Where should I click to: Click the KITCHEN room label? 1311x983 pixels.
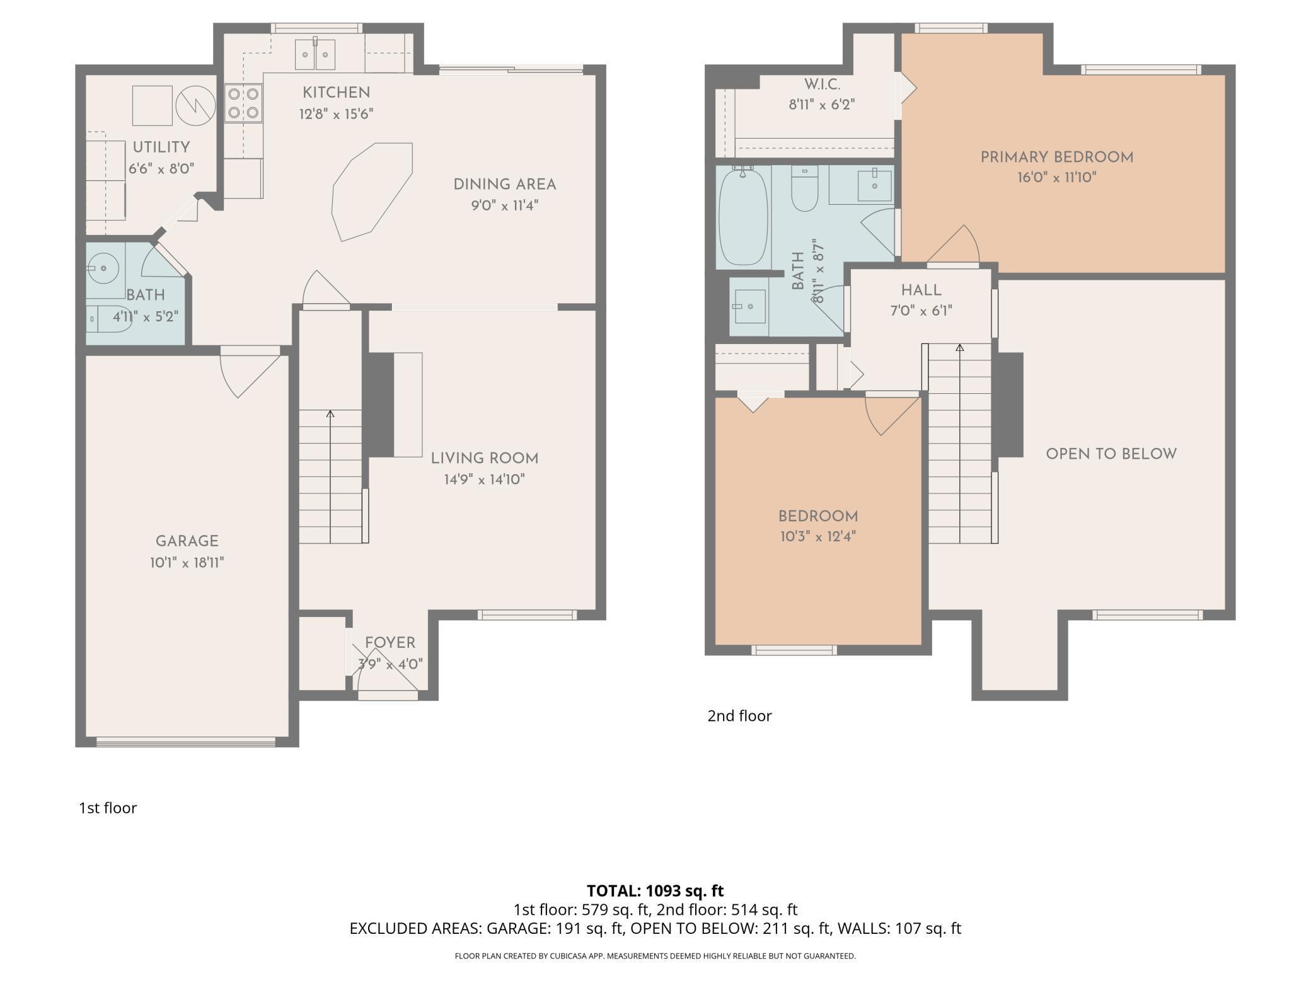click(336, 93)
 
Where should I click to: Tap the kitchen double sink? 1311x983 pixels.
click(315, 54)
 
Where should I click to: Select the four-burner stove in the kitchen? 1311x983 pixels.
click(243, 103)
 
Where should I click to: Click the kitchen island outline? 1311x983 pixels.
click(373, 192)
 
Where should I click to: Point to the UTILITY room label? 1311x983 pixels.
click(161, 147)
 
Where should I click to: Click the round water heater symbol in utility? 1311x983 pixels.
click(195, 106)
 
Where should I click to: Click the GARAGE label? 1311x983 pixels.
click(187, 541)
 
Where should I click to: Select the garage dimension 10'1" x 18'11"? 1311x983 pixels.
click(187, 563)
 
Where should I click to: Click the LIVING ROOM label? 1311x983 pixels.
click(485, 459)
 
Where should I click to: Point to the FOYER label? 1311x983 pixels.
click(390, 643)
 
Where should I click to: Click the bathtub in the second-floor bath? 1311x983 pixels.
click(744, 215)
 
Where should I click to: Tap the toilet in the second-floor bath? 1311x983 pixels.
click(804, 188)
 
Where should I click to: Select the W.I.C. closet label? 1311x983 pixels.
click(822, 84)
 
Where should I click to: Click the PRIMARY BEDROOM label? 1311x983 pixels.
click(1057, 158)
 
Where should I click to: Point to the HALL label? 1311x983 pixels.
click(921, 290)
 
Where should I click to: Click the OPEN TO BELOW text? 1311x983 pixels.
click(1111, 454)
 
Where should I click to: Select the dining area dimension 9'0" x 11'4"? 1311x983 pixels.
click(505, 206)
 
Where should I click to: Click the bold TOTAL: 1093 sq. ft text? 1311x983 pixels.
click(655, 891)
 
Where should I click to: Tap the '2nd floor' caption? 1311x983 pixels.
click(739, 716)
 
